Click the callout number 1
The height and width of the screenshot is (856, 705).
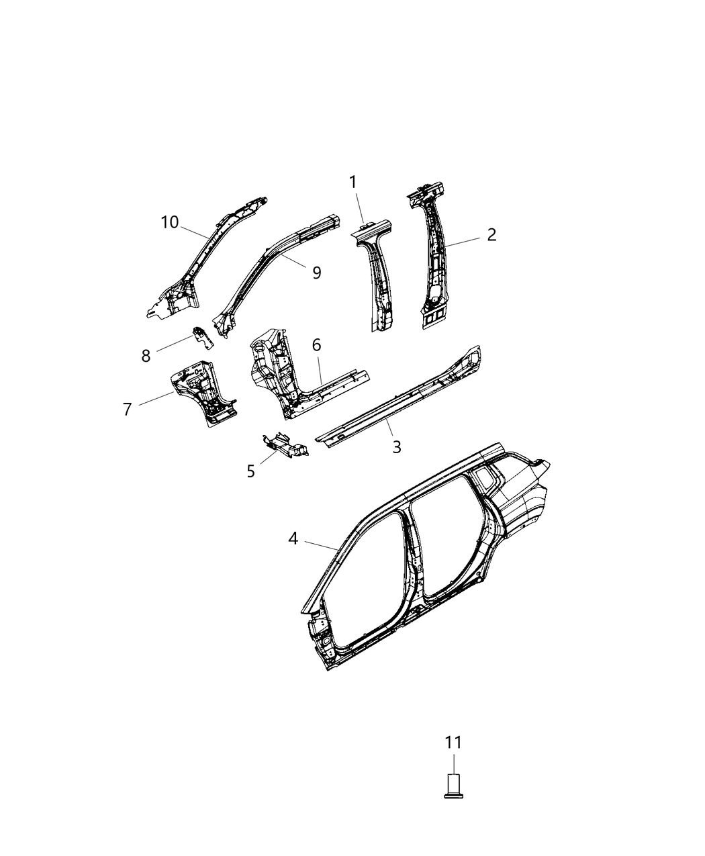pos(352,182)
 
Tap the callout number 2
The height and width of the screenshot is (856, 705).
pos(491,234)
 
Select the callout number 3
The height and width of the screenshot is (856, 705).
pos(397,446)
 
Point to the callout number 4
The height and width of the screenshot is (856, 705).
pos(293,538)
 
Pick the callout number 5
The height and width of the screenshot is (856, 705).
pos(250,471)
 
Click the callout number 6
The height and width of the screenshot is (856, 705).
pos(316,345)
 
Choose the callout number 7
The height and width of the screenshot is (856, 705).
pos(128,408)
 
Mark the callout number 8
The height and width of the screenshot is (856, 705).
pos(146,356)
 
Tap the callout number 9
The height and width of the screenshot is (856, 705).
pos(316,272)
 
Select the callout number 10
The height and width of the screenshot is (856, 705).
pos(170,222)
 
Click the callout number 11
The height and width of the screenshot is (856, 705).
pos(453,743)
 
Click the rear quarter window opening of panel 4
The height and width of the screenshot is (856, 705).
pos(488,479)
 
